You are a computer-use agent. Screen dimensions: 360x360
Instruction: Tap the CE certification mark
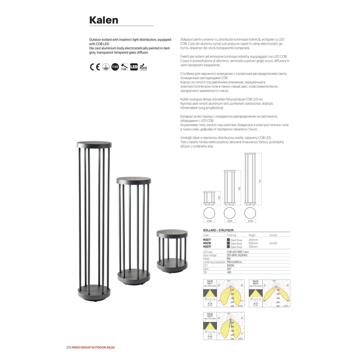point(95,66)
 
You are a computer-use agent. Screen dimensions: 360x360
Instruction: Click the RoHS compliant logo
point(144,66)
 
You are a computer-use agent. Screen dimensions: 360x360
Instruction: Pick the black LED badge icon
point(134,66)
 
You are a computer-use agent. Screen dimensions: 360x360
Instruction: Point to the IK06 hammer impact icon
point(124,66)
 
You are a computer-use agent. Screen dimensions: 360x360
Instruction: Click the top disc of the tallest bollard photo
point(95,145)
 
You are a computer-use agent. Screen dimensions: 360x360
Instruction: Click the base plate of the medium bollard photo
point(133,275)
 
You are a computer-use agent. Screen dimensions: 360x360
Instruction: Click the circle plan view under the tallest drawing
point(250,214)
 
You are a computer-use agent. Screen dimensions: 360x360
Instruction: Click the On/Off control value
point(273,243)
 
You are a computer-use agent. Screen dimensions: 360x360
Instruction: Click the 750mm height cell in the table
point(253,246)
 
